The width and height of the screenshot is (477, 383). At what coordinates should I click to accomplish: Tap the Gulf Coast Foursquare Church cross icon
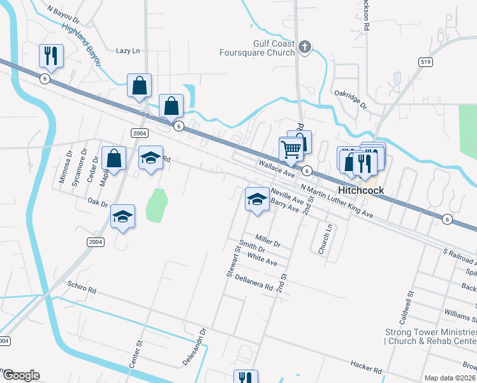click(x=305, y=47)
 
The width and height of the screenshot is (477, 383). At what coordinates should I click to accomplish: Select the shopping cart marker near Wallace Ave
click(x=291, y=149)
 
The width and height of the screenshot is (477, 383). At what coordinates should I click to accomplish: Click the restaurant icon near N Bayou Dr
click(x=50, y=56)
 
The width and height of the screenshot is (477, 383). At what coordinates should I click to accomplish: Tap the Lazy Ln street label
click(x=128, y=50)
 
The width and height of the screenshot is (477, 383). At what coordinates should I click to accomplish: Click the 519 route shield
click(x=427, y=62)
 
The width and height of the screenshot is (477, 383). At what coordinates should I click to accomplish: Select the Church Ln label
click(x=330, y=237)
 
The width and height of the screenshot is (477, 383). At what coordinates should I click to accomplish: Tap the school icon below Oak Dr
click(x=122, y=217)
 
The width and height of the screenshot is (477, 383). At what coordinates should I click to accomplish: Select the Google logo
click(x=20, y=375)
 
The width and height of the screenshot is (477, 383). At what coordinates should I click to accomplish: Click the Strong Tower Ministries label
click(x=430, y=336)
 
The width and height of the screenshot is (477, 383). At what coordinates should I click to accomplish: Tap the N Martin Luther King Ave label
click(x=336, y=200)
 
